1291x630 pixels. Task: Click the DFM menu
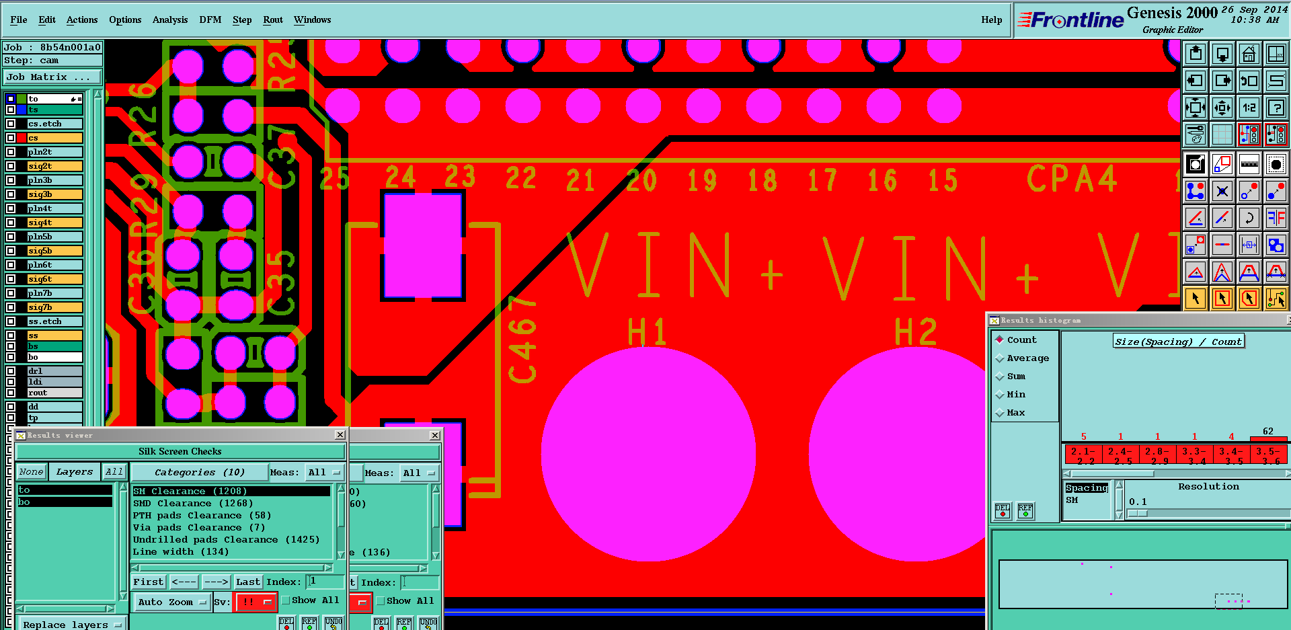(x=210, y=20)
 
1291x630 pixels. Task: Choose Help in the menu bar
(x=991, y=20)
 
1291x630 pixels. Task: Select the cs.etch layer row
(x=54, y=124)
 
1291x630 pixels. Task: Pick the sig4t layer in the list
(x=54, y=223)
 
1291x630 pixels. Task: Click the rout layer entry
(x=54, y=393)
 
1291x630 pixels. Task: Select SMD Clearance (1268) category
(x=192, y=504)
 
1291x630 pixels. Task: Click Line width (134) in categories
(x=180, y=552)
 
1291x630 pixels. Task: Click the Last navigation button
(x=247, y=582)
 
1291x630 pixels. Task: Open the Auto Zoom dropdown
(x=171, y=602)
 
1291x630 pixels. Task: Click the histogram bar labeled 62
(x=1268, y=438)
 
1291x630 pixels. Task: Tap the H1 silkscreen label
(x=647, y=331)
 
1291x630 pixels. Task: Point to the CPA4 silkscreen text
(x=1071, y=179)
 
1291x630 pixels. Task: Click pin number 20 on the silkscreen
(x=641, y=180)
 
